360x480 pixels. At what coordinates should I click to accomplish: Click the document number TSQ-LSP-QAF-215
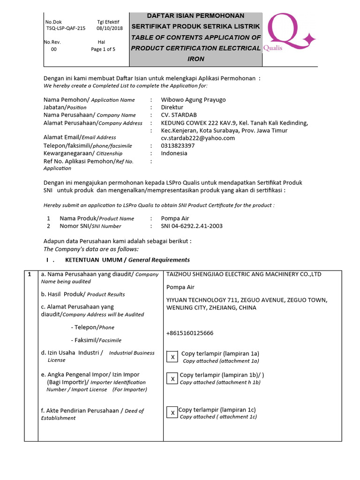(x=65, y=29)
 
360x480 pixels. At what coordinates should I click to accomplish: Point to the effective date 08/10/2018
(x=109, y=29)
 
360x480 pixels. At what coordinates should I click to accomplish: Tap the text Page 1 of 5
(x=103, y=49)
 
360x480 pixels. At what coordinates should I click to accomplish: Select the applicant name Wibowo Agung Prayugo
(x=193, y=99)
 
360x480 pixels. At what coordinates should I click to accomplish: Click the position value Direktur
(x=172, y=107)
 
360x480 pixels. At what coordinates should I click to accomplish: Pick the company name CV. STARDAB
(x=178, y=115)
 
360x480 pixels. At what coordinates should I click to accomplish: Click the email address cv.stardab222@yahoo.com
(x=198, y=138)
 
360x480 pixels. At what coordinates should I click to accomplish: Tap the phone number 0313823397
(x=178, y=146)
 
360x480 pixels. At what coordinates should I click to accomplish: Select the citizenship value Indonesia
(x=174, y=153)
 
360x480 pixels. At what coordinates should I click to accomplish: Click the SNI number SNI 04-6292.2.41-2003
(x=192, y=226)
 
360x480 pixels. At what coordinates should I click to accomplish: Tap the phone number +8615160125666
(x=189, y=333)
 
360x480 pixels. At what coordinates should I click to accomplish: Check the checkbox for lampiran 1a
(x=172, y=357)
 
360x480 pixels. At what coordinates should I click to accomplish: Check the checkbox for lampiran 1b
(x=172, y=379)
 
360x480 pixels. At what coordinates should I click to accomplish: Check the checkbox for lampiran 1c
(x=172, y=412)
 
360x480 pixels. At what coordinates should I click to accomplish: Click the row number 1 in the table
(x=30, y=274)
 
